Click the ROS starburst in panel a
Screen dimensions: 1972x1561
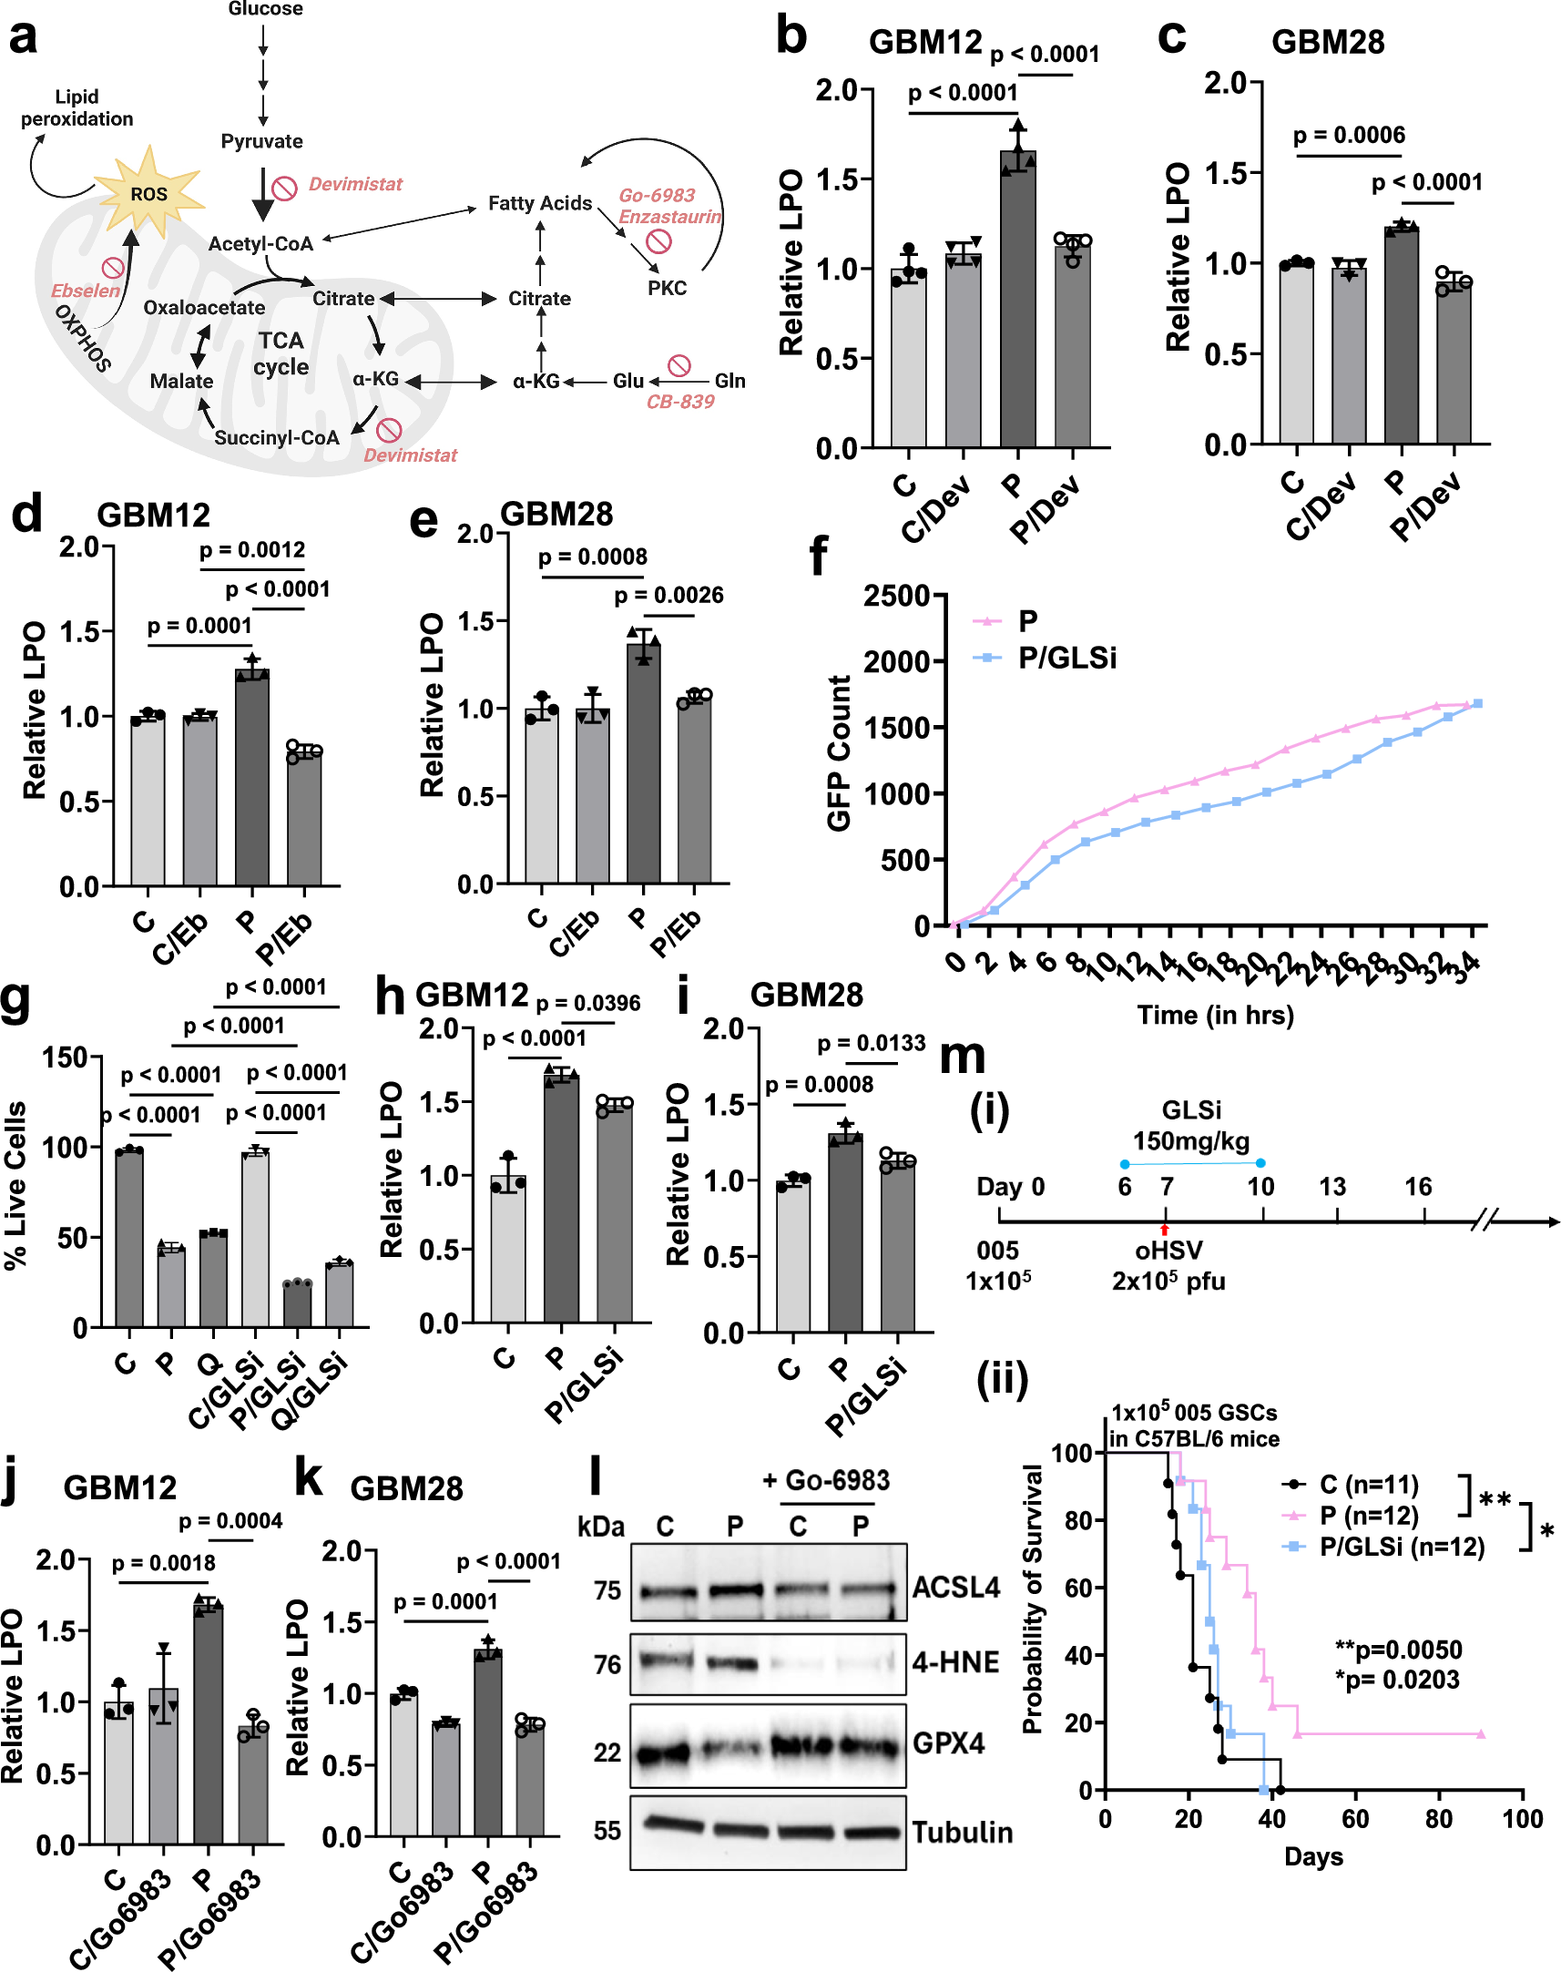(149, 193)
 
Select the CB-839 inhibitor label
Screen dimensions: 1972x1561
(680, 402)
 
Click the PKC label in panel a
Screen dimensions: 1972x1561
(668, 288)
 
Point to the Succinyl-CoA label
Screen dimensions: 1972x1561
(276, 438)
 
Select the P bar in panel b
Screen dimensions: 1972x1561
(1017, 301)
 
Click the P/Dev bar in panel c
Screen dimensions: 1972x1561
(1453, 365)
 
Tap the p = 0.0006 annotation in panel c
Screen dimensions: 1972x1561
(1349, 135)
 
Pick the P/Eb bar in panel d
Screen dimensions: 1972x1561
(303, 818)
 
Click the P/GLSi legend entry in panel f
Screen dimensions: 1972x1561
(1066, 658)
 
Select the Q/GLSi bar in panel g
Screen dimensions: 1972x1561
(339, 1295)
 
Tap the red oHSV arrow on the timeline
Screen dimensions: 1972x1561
(1164, 1230)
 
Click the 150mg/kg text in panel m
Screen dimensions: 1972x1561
(1191, 1140)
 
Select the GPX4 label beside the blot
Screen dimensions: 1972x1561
(949, 1743)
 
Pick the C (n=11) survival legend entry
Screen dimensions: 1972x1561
(1367, 1484)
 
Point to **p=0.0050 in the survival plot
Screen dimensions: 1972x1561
(1398, 1650)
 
